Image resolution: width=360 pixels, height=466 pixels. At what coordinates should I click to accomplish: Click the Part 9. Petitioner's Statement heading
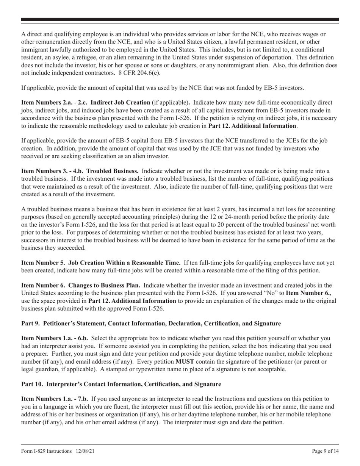(151, 324)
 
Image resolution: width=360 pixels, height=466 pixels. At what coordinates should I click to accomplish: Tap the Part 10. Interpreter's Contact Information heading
(121, 384)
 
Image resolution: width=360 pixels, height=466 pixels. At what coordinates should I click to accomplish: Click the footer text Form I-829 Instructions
(46, 451)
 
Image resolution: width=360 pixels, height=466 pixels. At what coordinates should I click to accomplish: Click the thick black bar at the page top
(180, 19)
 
